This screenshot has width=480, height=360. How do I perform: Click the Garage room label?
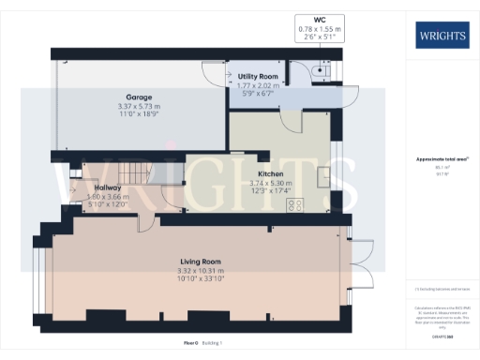click(x=139, y=97)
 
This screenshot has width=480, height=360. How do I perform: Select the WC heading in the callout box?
click(x=321, y=20)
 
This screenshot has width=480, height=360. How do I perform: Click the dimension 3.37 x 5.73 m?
click(x=139, y=106)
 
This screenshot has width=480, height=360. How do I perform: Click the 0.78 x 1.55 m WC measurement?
click(x=321, y=28)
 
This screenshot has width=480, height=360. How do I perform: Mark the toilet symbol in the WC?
click(x=321, y=69)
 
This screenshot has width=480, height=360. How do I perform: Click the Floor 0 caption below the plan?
click(x=189, y=344)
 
